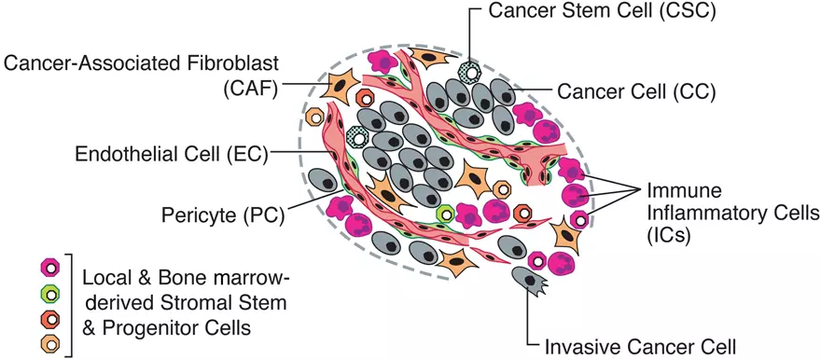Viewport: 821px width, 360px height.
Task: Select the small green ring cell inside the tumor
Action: [x=446, y=214]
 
